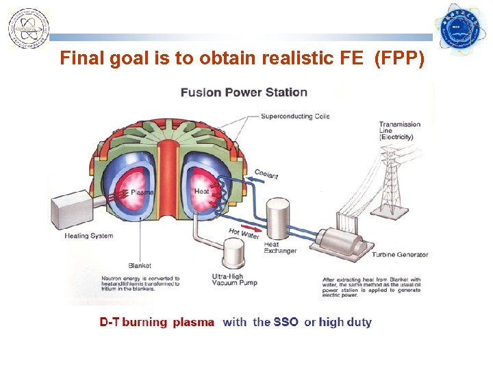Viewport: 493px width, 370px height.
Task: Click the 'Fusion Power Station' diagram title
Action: pos(244,92)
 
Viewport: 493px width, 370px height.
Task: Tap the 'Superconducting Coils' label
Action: pos(295,116)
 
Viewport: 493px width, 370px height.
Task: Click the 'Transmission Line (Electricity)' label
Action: pos(400,131)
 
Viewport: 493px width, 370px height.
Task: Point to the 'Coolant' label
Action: pos(266,174)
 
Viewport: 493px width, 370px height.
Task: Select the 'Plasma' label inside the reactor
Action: pos(142,193)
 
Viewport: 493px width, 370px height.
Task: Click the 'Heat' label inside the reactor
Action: pos(202,192)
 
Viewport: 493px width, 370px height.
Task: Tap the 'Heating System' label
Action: pos(89,236)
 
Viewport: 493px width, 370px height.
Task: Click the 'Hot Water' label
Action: pos(244,234)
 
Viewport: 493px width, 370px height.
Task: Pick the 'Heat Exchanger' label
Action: pos(281,247)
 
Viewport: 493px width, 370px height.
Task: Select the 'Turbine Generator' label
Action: pos(400,254)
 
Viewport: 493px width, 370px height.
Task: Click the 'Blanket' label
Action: pos(140,266)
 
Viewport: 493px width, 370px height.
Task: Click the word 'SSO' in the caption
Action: pos(286,322)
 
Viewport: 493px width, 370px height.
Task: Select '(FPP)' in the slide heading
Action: pos(401,58)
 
